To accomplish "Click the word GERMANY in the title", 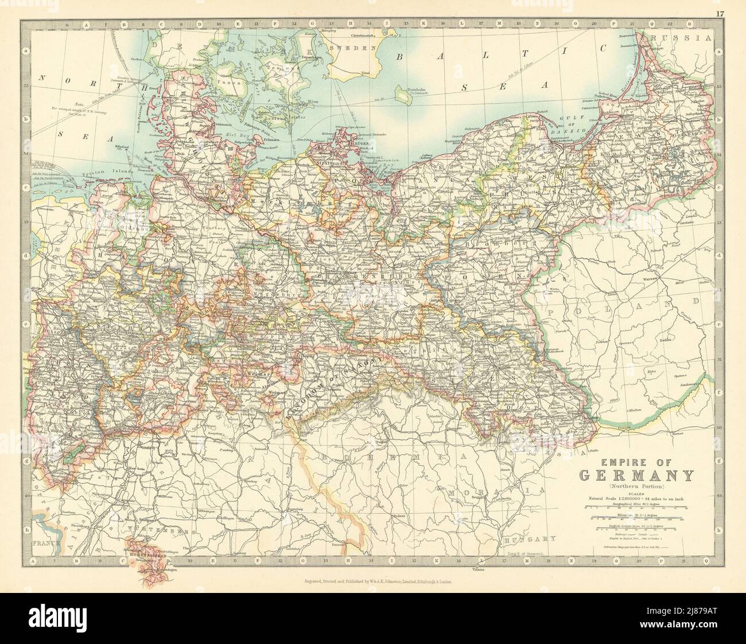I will click(x=639, y=475).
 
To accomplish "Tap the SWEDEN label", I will click(x=352, y=49).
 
